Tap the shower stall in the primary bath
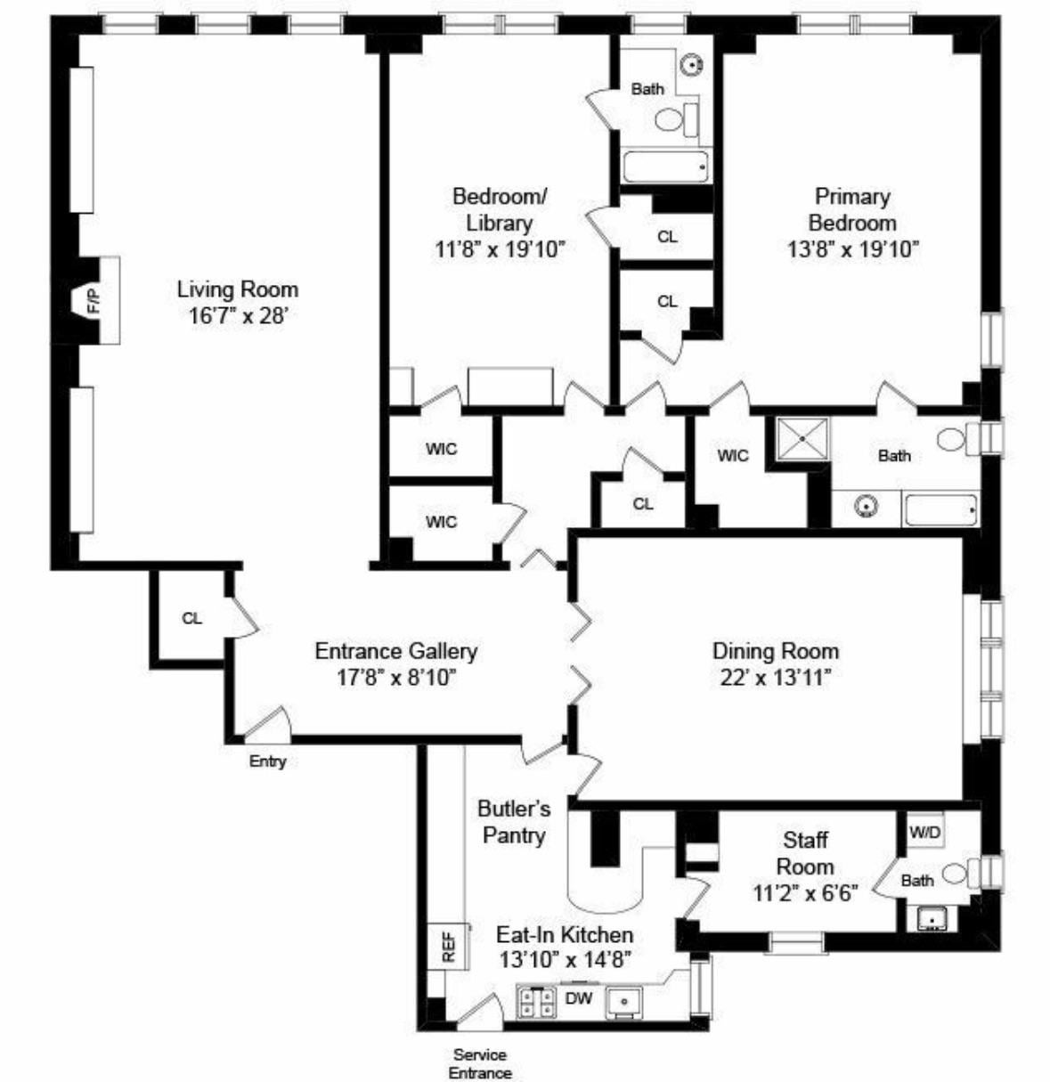pos(802,439)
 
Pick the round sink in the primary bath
pos(867,507)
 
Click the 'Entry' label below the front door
pos(267,761)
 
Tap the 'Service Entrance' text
pos(481,1064)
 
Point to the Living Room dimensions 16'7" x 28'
pos(238,316)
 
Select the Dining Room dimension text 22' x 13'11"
pos(776,678)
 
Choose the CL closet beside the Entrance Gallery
pos(192,618)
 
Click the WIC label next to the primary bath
pos(732,456)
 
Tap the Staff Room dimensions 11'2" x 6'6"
pos(805,893)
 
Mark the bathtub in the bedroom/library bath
pos(666,167)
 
